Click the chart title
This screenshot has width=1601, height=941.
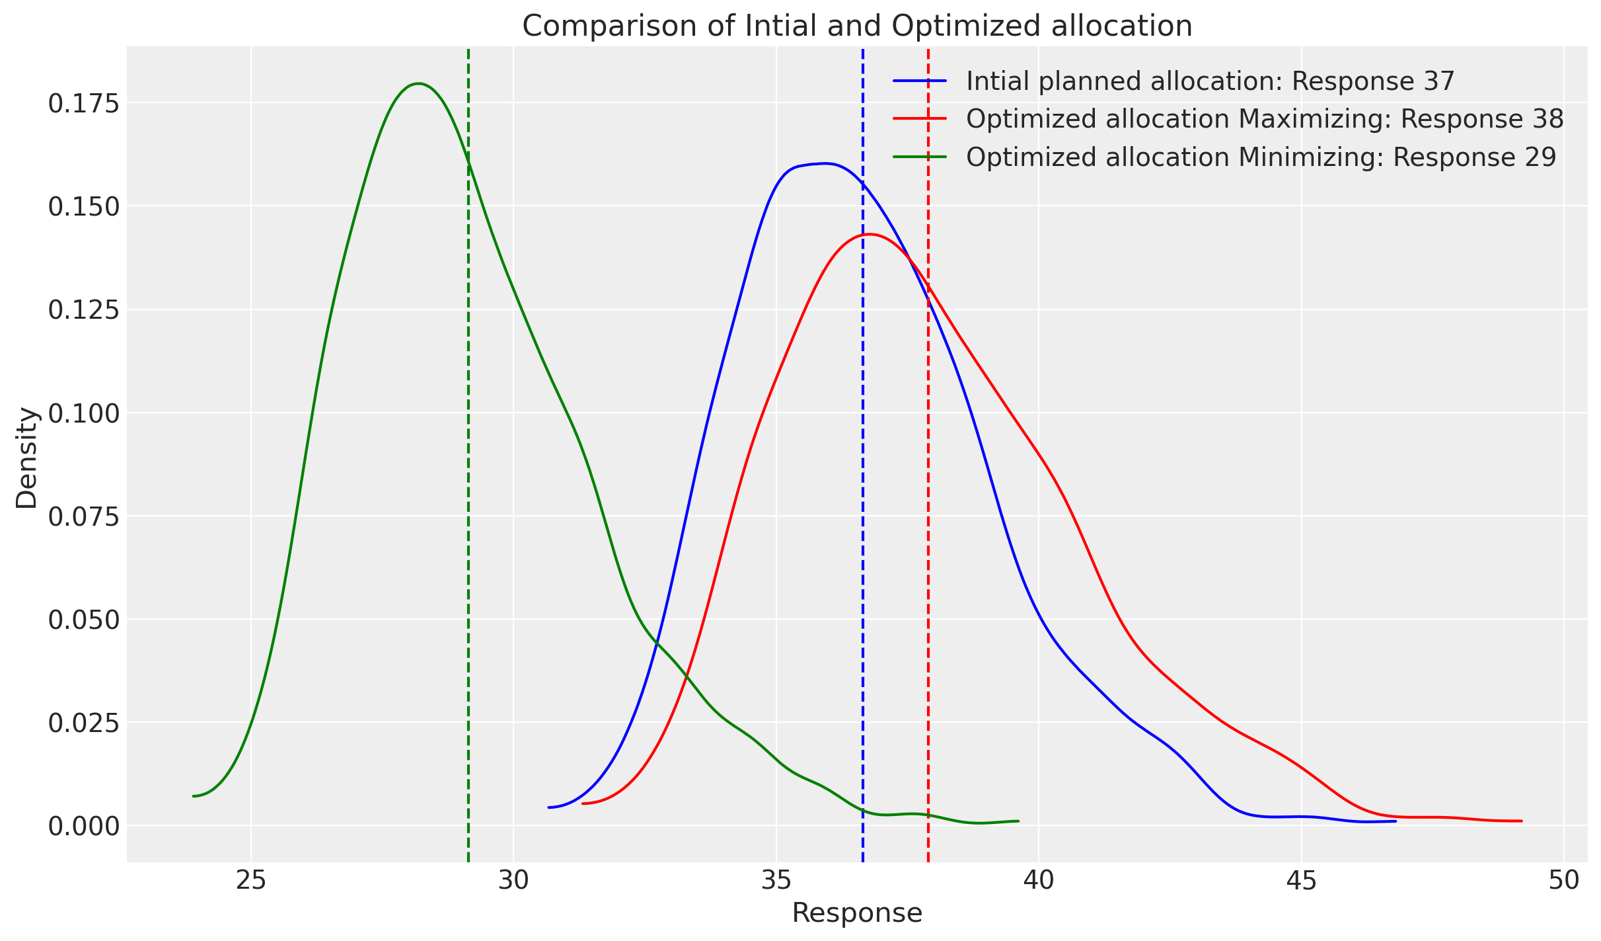point(857,26)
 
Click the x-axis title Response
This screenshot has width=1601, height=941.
point(857,913)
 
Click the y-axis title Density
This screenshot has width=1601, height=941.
point(27,458)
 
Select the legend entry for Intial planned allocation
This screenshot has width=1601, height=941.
point(1210,81)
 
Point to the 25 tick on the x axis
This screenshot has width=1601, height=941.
point(251,881)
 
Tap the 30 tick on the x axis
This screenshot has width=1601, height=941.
point(513,881)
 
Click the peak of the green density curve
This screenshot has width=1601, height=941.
point(418,84)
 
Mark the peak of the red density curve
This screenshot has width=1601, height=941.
point(869,234)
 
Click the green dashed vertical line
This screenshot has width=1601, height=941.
point(468,463)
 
